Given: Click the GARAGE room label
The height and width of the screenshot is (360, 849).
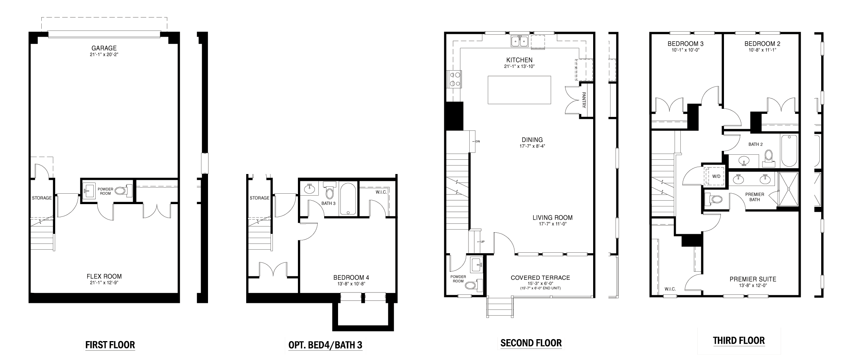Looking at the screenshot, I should [104, 48].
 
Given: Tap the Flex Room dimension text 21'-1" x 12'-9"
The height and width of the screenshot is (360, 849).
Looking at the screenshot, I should [104, 283].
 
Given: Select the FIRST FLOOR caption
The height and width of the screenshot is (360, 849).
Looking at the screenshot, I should [110, 345].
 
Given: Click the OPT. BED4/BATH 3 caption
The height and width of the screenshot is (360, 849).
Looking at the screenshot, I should [325, 345].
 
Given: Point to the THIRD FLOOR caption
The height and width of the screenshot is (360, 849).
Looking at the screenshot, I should [739, 341].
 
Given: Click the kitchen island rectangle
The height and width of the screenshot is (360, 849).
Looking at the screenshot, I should [519, 90].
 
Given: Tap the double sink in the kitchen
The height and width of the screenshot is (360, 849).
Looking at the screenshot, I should [520, 41].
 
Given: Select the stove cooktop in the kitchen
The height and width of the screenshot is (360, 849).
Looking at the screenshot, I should [454, 79].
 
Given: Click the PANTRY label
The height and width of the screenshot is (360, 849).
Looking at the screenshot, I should [584, 100].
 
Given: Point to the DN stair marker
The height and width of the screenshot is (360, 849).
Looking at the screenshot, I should [477, 142].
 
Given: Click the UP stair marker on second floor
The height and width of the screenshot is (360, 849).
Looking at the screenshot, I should [482, 242].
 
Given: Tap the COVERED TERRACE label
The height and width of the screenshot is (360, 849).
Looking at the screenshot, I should [540, 278].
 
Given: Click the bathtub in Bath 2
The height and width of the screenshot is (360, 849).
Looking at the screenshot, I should [789, 150].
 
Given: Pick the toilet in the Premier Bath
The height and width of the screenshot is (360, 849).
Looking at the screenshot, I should [714, 199].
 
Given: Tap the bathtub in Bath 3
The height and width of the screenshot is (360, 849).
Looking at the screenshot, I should [348, 199].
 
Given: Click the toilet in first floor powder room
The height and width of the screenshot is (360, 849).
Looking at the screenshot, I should [123, 190].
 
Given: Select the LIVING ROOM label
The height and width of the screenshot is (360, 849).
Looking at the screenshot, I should [552, 218].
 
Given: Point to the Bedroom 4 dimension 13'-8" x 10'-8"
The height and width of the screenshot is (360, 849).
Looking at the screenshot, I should [351, 284].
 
